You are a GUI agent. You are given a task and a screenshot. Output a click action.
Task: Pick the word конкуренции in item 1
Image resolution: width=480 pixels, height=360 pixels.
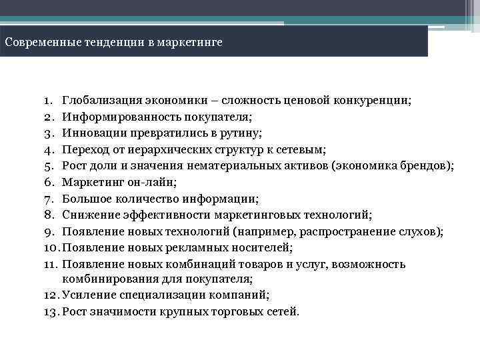[374, 101]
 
